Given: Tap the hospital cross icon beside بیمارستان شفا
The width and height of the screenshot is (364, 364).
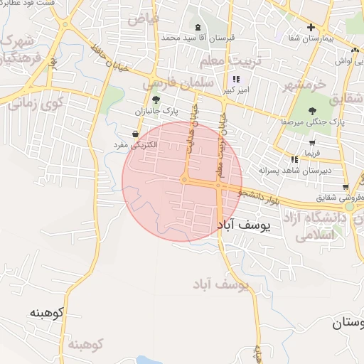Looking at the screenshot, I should [x=310, y=28].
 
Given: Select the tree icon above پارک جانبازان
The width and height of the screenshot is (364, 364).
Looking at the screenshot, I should [x=156, y=99].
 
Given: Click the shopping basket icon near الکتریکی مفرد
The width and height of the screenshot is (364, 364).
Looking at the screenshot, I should [x=135, y=134].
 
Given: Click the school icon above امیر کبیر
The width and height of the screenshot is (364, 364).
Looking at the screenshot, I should [x=236, y=80].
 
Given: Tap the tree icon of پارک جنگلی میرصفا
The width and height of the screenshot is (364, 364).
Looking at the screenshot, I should [x=313, y=110].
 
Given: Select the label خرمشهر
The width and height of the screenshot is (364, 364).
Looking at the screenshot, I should [x=304, y=86].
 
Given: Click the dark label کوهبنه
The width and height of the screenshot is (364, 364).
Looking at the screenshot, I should [x=47, y=312].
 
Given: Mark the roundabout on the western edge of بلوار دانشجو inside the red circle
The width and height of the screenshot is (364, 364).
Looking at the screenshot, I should [x=184, y=180].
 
